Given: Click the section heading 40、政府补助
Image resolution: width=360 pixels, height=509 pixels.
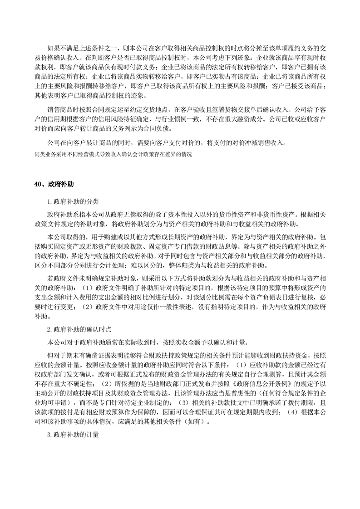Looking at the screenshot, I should click(x=54, y=184).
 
